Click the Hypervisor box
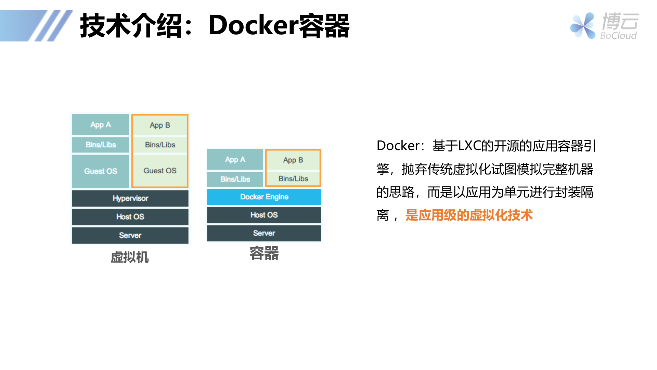[130, 198]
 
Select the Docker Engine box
[264, 197]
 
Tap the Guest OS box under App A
[101, 171]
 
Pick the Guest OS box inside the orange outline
[160, 171]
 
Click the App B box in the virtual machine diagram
[160, 125]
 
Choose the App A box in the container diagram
[235, 160]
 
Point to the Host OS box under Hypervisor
[130, 217]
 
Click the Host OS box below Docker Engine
[264, 215]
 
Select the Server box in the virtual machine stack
[130, 235]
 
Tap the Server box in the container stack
[264, 233]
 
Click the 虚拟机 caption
[130, 257]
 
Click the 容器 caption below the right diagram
[264, 254]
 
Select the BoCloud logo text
[618, 36]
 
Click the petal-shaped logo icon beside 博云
[582, 26]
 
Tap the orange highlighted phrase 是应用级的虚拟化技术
[469, 215]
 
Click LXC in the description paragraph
[469, 146]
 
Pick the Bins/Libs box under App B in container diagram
[293, 179]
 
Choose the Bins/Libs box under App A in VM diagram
[101, 145]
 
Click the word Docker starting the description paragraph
[398, 146]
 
